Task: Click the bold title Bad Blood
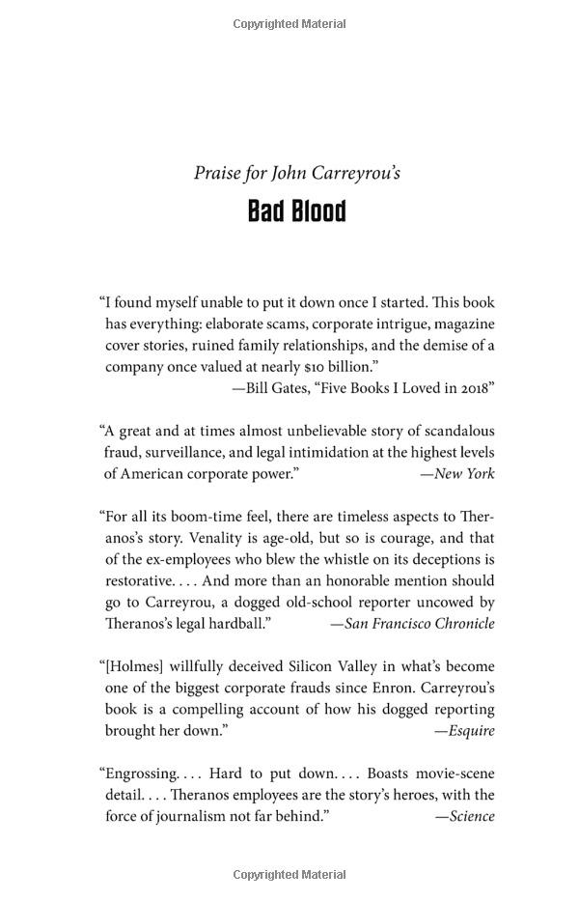coord(296,211)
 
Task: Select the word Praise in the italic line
coord(215,174)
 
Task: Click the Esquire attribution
coord(470,730)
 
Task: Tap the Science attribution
coord(470,816)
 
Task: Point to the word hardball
coord(238,623)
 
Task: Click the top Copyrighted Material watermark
coord(289,23)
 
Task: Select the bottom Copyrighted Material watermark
coord(289,875)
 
